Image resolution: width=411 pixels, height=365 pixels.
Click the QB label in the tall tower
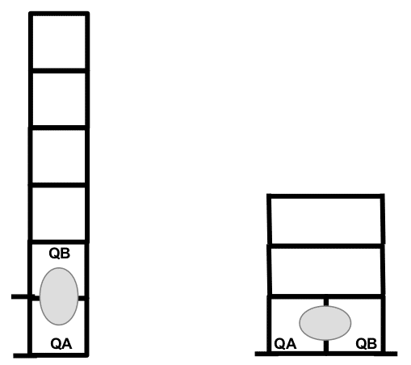pyautogui.click(x=60, y=254)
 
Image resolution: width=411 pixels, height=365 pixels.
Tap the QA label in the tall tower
pyautogui.click(x=61, y=344)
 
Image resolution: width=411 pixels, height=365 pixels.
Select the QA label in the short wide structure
pyautogui.click(x=285, y=344)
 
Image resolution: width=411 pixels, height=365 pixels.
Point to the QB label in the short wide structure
pyautogui.click(x=366, y=344)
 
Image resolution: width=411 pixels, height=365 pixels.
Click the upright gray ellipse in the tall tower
pyautogui.click(x=59, y=296)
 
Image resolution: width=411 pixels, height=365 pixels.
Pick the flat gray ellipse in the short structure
pyautogui.click(x=325, y=323)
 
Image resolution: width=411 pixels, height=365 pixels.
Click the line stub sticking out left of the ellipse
pyautogui.click(x=23, y=296)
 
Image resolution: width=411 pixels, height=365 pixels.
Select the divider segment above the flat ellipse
pyautogui.click(x=326, y=302)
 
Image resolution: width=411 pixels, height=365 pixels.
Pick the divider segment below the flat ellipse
pyautogui.click(x=326, y=346)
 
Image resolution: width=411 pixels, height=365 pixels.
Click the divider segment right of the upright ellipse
pyautogui.click(x=82, y=298)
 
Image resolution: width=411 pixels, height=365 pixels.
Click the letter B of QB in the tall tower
pyautogui.click(x=65, y=254)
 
